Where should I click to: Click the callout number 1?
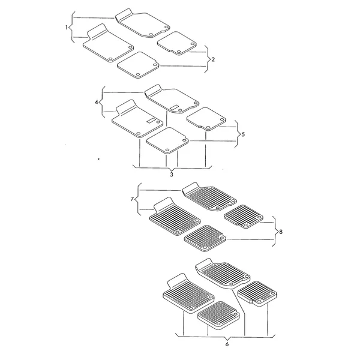(x=67, y=28)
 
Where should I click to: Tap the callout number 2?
(x=213, y=59)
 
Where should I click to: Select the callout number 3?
(x=172, y=175)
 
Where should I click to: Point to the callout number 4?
(x=97, y=102)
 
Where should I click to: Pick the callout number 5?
(x=243, y=134)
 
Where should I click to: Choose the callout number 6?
(x=227, y=344)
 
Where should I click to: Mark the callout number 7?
(x=132, y=199)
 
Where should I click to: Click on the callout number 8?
(x=281, y=232)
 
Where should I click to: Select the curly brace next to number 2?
(x=208, y=59)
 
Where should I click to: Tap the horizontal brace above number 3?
(x=172, y=167)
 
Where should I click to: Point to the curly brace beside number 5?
(x=238, y=134)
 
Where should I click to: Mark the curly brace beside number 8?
(x=275, y=232)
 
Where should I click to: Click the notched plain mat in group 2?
(x=177, y=43)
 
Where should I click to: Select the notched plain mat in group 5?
(x=206, y=119)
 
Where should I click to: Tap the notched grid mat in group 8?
(x=244, y=217)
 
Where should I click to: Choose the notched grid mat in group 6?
(x=257, y=293)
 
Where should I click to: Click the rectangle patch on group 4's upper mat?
(x=175, y=107)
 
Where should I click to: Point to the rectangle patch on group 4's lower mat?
(x=151, y=121)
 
